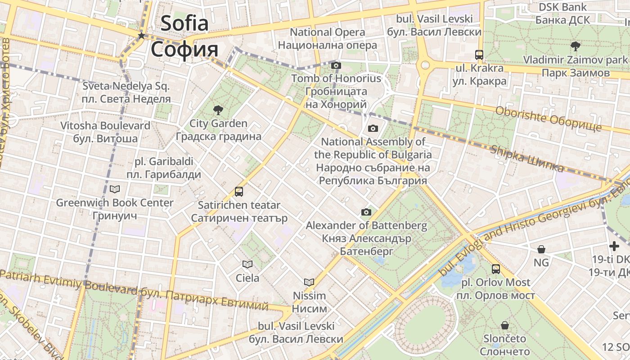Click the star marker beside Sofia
click(x=141, y=36)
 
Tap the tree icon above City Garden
click(x=218, y=109)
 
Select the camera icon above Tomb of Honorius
click(x=336, y=65)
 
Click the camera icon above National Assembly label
click(x=373, y=129)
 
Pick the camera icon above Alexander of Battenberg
click(x=366, y=212)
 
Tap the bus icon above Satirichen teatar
click(x=239, y=192)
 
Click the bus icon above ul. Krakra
click(x=479, y=55)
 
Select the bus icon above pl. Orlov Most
click(x=495, y=269)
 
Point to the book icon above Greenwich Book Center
click(x=115, y=189)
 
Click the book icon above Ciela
click(x=247, y=264)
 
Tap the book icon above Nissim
click(x=309, y=282)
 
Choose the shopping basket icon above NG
click(x=541, y=249)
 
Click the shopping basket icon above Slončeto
click(x=505, y=325)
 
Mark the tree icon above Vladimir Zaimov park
click(x=575, y=46)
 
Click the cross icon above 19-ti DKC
click(x=614, y=246)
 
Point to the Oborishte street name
click(x=548, y=118)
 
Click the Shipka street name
click(x=526, y=158)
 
